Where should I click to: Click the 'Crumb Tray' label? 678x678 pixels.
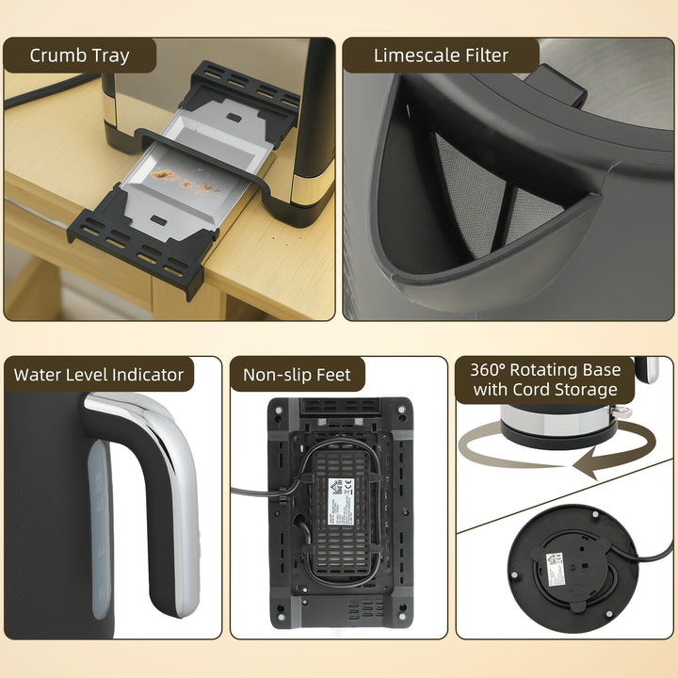79,55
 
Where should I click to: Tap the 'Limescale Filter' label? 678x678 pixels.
440,55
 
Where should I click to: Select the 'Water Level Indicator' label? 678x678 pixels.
99,375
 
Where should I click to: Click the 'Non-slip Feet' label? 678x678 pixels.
297,375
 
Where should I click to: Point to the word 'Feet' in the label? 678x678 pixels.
330,375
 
